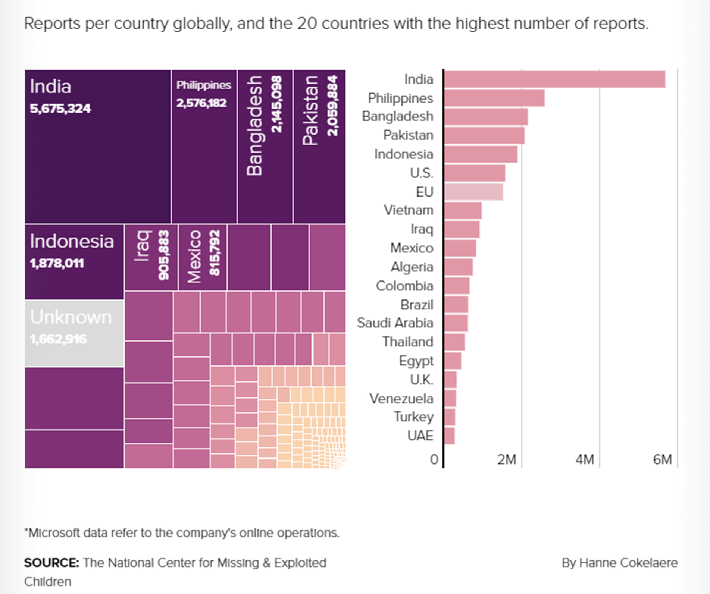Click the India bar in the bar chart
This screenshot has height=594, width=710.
tap(554, 79)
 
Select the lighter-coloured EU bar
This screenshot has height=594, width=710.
tap(473, 192)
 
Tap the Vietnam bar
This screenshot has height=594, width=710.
tap(463, 211)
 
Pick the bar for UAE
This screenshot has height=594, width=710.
tap(449, 436)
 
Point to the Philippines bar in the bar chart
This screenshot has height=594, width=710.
tap(494, 98)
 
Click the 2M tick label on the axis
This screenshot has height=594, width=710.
tap(507, 460)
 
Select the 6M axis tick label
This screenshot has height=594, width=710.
tap(662, 460)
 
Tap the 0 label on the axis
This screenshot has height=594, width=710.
tap(434, 460)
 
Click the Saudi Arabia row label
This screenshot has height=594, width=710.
tap(395, 323)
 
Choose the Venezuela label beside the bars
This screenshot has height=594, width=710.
tap(401, 399)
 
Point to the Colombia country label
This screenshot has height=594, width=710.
tap(404, 286)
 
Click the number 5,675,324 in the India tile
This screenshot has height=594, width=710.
tap(60, 109)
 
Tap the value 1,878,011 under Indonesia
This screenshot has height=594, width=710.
tap(57, 264)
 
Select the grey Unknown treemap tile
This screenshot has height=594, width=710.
tap(74, 333)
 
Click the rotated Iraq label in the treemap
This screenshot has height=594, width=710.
tap(143, 246)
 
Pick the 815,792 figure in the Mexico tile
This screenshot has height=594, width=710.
tap(215, 253)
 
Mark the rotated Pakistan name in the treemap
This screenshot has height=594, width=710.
tap(310, 110)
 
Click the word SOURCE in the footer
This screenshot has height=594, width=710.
tap(51, 563)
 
